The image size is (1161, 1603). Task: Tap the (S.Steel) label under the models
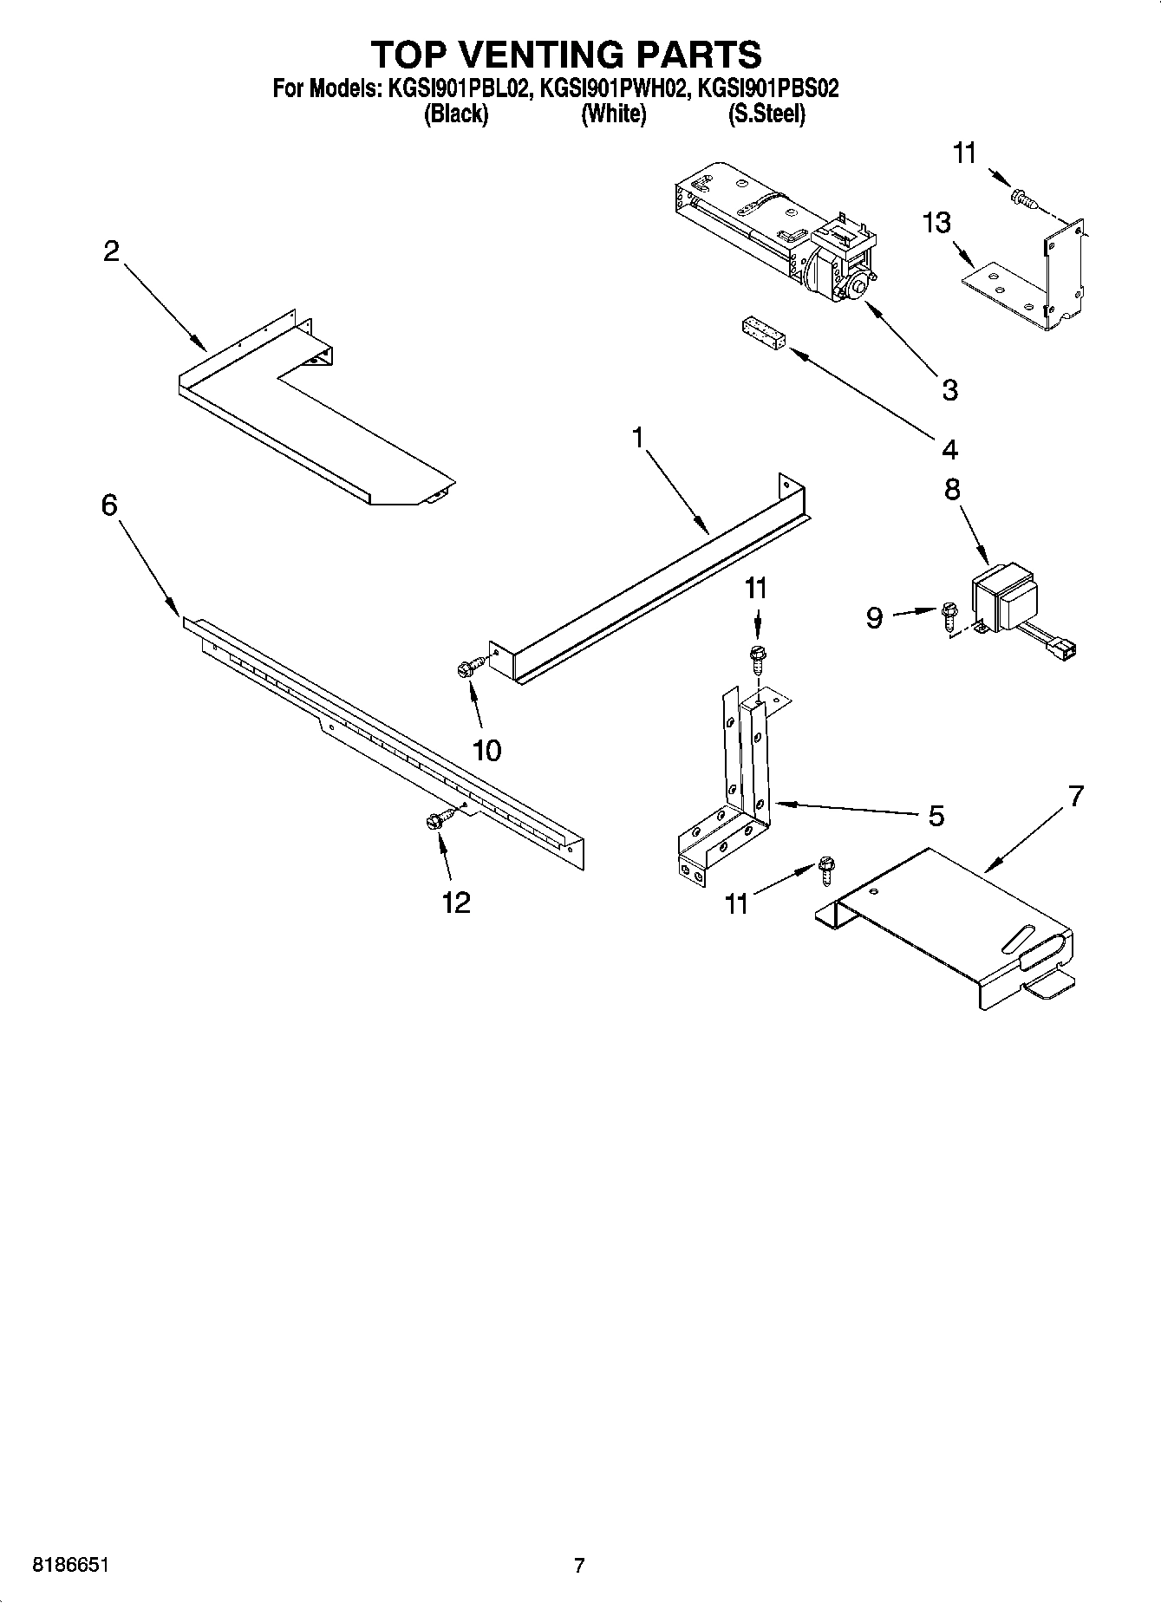tap(766, 114)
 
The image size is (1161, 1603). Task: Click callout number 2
tap(111, 251)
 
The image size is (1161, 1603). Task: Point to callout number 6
tap(109, 505)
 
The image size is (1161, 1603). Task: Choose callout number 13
tap(936, 223)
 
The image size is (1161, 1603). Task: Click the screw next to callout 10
tap(469, 667)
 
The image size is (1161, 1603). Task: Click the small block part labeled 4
tap(763, 335)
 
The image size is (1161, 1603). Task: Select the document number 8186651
tap(71, 1566)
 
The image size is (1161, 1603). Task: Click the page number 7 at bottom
tap(579, 1566)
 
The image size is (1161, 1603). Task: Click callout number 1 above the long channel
tap(638, 438)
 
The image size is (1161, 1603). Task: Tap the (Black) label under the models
tap(455, 114)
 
